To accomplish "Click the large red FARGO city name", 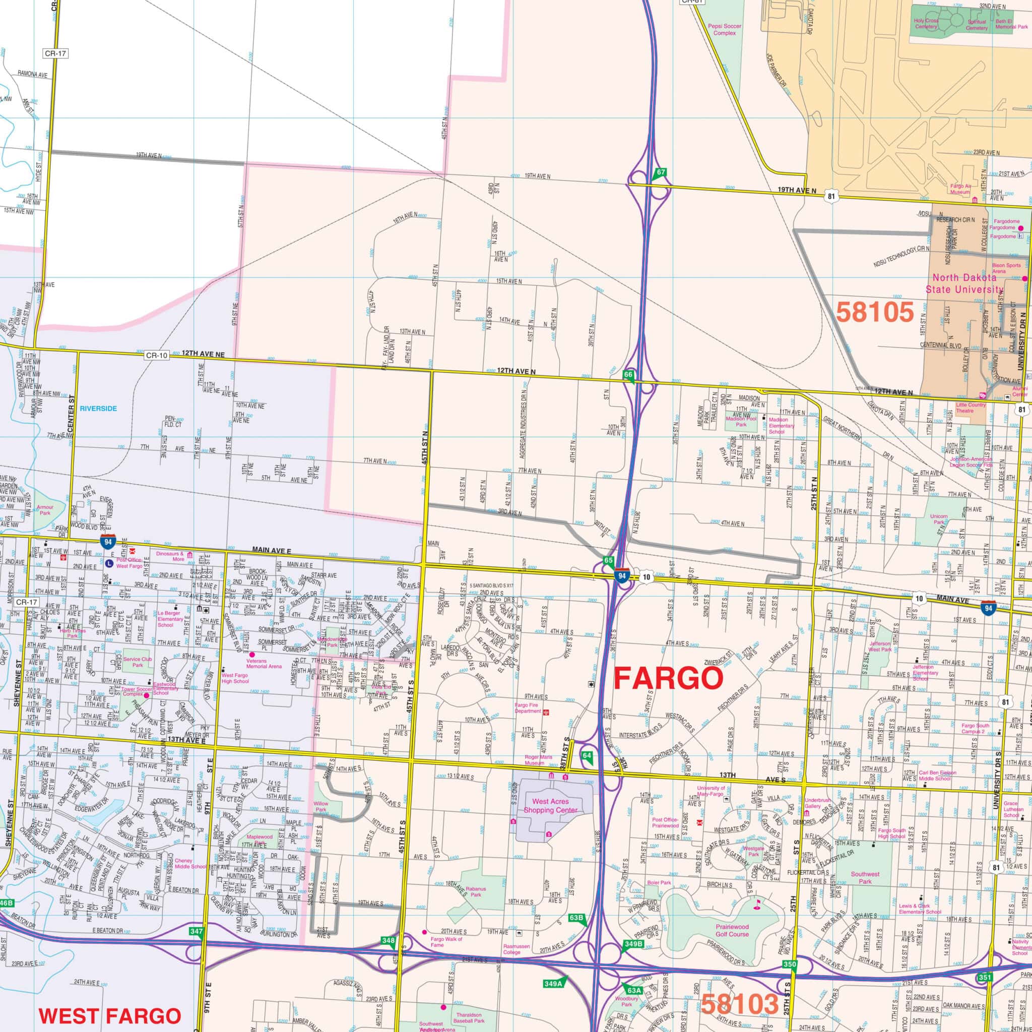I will [x=668, y=679].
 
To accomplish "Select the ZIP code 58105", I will [x=875, y=312].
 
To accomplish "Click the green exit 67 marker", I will [x=661, y=172].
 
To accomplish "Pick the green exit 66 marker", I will [x=628, y=374].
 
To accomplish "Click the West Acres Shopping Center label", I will [x=551, y=806].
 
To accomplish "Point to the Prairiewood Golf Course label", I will [x=732, y=931].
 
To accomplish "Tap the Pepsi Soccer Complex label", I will [x=721, y=29].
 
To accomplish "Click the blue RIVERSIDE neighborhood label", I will [x=98, y=409].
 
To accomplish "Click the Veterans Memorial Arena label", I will [x=264, y=664].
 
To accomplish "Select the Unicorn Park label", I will [x=938, y=519].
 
